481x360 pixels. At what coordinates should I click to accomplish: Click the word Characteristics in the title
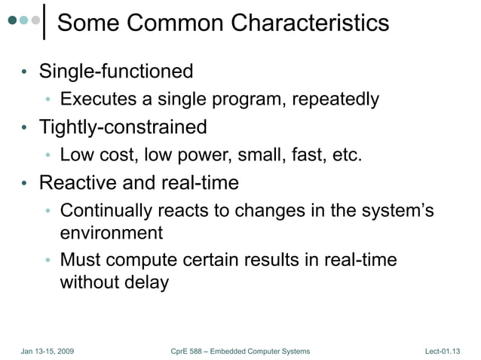[310, 23]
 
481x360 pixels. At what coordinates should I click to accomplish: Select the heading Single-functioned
[116, 72]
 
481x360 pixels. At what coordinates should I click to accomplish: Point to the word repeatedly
[335, 99]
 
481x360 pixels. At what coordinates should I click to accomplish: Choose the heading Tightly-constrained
[123, 127]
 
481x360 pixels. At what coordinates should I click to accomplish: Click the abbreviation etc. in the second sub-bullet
[345, 155]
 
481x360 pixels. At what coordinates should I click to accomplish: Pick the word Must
[81, 261]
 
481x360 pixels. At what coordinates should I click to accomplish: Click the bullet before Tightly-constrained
[24, 128]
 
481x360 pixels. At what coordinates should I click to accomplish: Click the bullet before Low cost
[47, 156]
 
